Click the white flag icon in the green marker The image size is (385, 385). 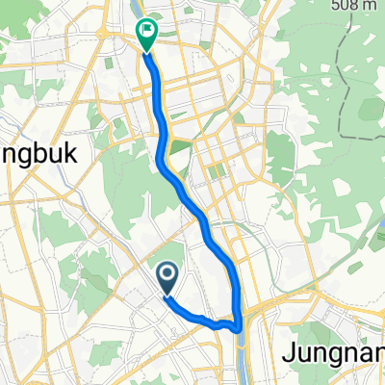[x=147, y=30]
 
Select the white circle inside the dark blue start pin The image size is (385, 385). [x=167, y=276]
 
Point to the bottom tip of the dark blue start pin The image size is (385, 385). [x=167, y=295]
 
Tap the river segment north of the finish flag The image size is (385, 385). [x=133, y=10]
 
